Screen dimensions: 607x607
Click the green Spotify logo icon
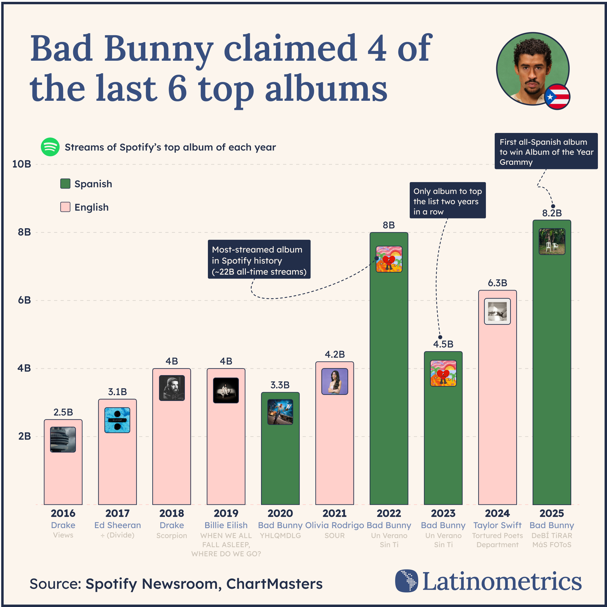(50, 147)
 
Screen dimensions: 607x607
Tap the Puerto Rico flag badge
(557, 97)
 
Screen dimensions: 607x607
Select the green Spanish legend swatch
(65, 184)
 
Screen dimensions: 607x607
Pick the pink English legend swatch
(65, 207)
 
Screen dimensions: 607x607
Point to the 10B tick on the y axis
(22, 164)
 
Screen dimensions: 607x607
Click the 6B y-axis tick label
(24, 300)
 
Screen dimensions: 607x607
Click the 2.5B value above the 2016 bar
(63, 412)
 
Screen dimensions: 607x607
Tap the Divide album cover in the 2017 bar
(117, 420)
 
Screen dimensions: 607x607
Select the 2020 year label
(280, 514)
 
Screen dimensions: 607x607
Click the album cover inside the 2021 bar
(334, 381)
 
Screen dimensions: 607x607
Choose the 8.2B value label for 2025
(552, 213)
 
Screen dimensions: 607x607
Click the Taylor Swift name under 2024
(497, 525)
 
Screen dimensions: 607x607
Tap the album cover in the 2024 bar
(497, 311)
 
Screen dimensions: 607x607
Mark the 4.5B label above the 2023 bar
(443, 344)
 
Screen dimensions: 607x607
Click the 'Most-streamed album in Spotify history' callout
(259, 259)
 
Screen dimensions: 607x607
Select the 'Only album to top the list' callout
(448, 200)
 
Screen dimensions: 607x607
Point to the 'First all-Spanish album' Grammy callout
(546, 151)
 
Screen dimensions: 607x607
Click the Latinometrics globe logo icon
(407, 581)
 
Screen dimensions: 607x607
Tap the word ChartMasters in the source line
(274, 584)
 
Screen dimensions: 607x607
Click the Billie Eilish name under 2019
(226, 525)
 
